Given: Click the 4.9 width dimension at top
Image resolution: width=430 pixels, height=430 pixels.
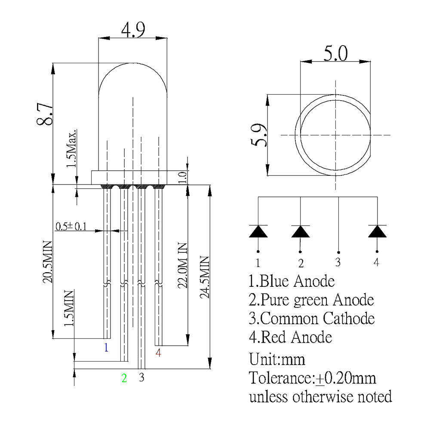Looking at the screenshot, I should click(133, 30).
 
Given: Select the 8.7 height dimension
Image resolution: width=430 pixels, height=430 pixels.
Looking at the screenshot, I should click(45, 113).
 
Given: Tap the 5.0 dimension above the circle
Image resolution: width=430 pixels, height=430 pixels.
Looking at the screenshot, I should click(335, 53).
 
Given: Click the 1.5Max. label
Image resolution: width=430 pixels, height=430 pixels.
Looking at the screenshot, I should click(72, 148).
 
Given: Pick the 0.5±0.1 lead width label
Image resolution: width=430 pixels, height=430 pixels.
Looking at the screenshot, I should click(71, 226).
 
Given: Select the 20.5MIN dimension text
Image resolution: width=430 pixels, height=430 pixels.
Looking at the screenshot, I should click(47, 262).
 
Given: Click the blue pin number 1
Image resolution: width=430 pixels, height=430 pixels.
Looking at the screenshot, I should click(106, 347).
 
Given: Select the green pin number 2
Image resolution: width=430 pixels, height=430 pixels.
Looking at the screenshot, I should click(124, 378).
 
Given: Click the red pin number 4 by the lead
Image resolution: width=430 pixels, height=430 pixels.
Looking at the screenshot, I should click(158, 353).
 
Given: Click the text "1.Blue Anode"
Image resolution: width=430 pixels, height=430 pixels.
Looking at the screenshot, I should click(292, 281).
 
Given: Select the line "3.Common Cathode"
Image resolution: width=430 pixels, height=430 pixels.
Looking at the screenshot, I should click(312, 319).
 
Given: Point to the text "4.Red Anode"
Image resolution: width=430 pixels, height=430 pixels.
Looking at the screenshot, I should click(291, 337).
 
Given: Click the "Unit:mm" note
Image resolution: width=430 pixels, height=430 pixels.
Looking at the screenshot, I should click(277, 359).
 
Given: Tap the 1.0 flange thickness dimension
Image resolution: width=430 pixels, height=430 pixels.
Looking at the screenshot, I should click(182, 177).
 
